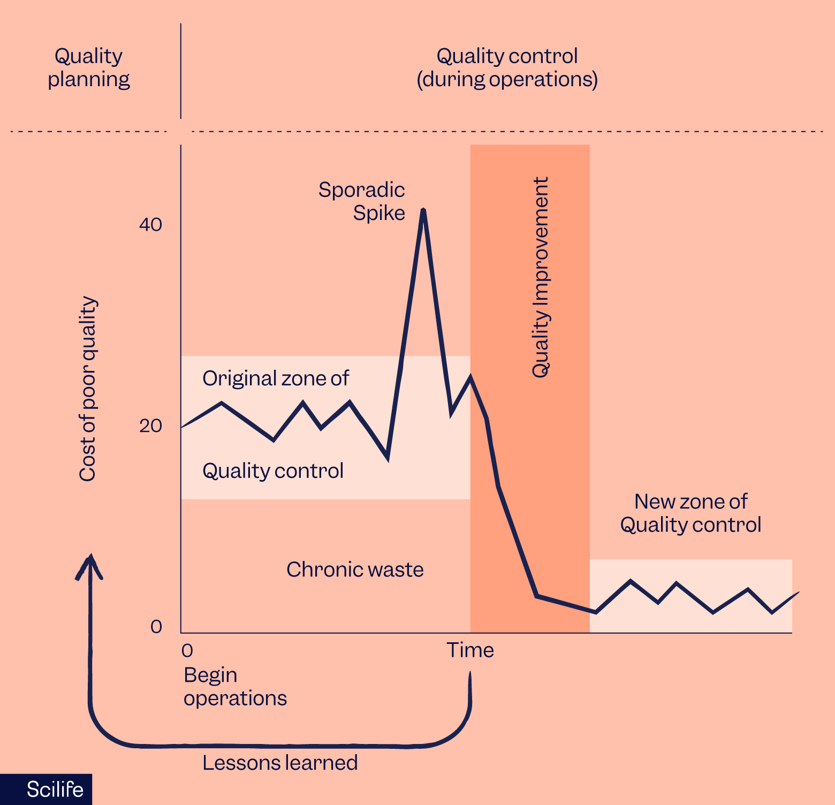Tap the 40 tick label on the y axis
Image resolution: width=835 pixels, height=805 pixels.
150,224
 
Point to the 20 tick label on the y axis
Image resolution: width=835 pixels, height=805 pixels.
150,426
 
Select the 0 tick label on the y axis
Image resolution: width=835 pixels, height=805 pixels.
156,626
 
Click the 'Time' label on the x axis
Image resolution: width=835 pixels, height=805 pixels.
470,650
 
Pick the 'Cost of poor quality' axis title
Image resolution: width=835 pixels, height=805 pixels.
88,389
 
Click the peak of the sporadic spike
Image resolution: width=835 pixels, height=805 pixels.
423,210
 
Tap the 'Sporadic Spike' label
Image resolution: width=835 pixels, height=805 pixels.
362,201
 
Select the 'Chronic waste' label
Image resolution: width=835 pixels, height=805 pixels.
355,569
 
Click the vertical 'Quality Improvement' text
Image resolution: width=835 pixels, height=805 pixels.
541,277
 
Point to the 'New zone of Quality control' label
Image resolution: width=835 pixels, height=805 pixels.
690,513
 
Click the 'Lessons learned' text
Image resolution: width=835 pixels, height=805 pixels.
280,762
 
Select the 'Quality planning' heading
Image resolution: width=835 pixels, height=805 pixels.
89,67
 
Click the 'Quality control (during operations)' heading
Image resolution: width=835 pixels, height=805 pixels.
507,67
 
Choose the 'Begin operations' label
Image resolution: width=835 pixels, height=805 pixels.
235,686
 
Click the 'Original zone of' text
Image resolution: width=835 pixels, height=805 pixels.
275,378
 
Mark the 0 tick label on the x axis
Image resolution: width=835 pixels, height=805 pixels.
187,650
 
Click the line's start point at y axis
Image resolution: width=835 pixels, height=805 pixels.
182,427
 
